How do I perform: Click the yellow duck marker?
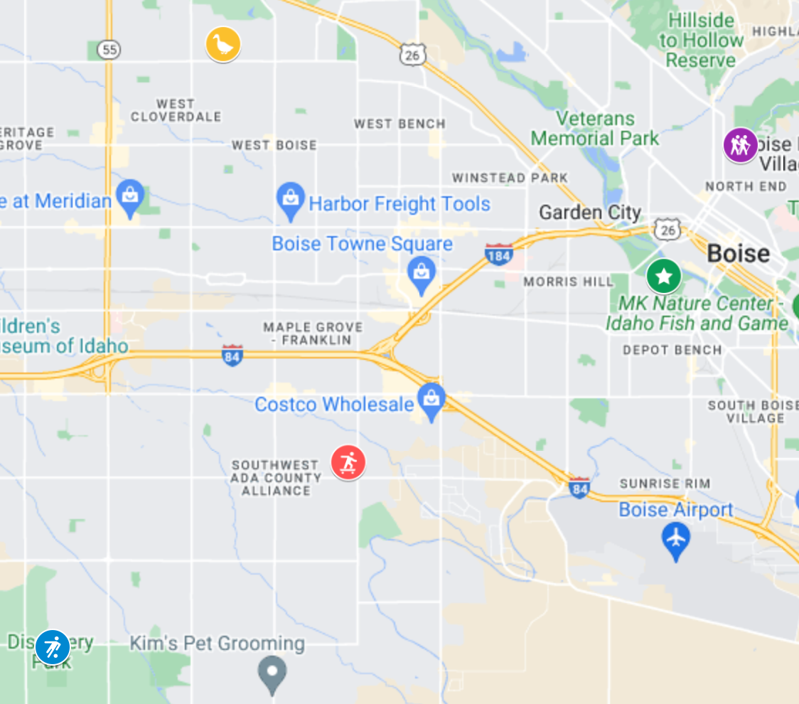[x=223, y=45]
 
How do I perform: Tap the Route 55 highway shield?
[x=109, y=49]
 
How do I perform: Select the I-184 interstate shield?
[x=499, y=255]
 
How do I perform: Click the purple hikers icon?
[x=740, y=145]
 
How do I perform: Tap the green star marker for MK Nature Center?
[x=663, y=276]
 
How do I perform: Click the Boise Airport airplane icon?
[x=675, y=538]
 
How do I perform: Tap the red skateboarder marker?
[x=348, y=463]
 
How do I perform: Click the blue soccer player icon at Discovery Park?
[x=53, y=647]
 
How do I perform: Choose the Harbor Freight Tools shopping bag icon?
[x=290, y=199]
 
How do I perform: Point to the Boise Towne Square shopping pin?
[x=422, y=273]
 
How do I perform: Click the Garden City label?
[x=590, y=212]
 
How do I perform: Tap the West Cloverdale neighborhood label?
[x=176, y=110]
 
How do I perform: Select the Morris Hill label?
[x=568, y=282]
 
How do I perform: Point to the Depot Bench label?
[x=672, y=350]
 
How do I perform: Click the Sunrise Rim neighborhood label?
[x=665, y=484]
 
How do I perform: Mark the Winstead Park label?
[x=510, y=178]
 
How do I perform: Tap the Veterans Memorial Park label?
[x=595, y=128]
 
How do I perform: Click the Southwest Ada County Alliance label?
[x=275, y=478]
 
